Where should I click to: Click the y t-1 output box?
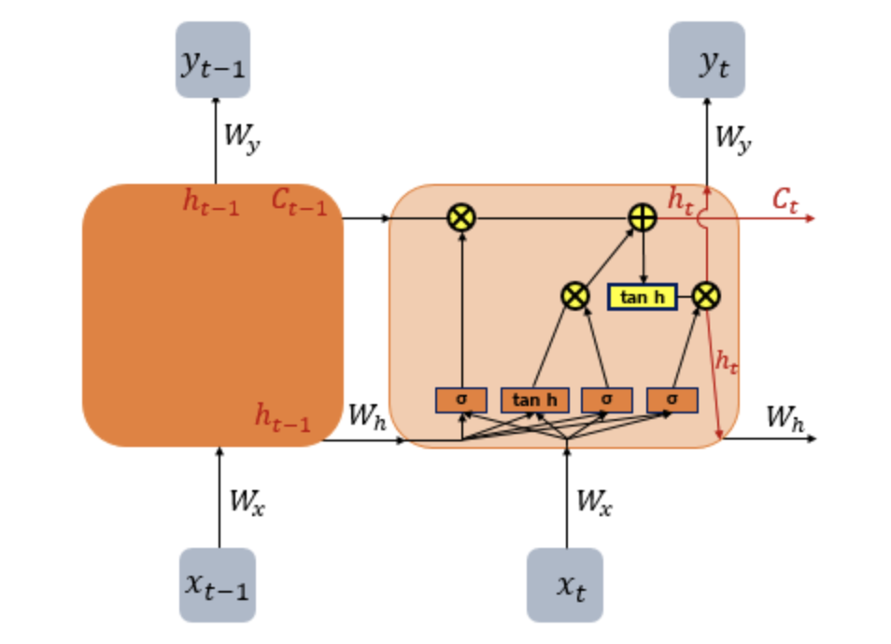pos(213,60)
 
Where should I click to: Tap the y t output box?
pos(706,60)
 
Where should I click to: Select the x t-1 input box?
pos(217,584)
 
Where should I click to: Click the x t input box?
pos(565,584)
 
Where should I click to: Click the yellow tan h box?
pos(643,297)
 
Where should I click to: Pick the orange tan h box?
pos(535,399)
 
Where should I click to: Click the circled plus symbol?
pos(643,217)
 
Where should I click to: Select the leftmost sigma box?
pos(461,399)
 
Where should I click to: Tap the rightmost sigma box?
pos(672,399)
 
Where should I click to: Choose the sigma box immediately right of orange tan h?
pos(606,399)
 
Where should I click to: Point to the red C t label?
pos(785,200)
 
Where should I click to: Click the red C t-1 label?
pos(299,203)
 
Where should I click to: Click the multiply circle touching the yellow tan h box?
pos(707,297)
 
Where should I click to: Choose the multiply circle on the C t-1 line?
pos(461,217)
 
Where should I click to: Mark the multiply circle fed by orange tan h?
pos(575,297)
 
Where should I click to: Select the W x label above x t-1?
pos(247,502)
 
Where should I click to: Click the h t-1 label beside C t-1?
pos(210,203)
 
